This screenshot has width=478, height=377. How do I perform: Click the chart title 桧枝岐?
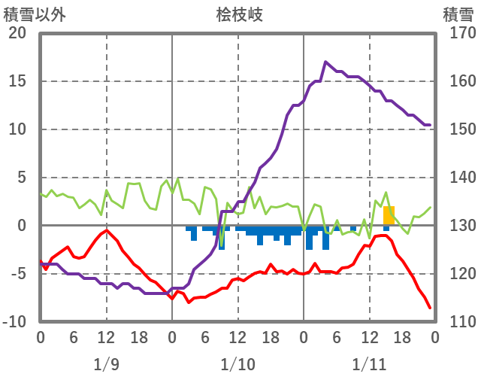click(239, 14)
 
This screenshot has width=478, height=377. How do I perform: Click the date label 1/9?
click(106, 364)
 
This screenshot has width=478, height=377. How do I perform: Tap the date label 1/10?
click(237, 364)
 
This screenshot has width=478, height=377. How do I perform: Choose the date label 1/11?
click(369, 364)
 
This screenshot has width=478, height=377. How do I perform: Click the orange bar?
click(389, 215)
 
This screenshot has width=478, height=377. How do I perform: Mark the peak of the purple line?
click(325, 62)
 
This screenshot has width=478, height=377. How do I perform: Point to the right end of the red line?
click(430, 308)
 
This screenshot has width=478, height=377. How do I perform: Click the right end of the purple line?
click(429, 125)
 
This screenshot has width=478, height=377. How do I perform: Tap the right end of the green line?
click(431, 208)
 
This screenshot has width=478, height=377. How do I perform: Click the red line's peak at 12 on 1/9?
click(107, 230)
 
